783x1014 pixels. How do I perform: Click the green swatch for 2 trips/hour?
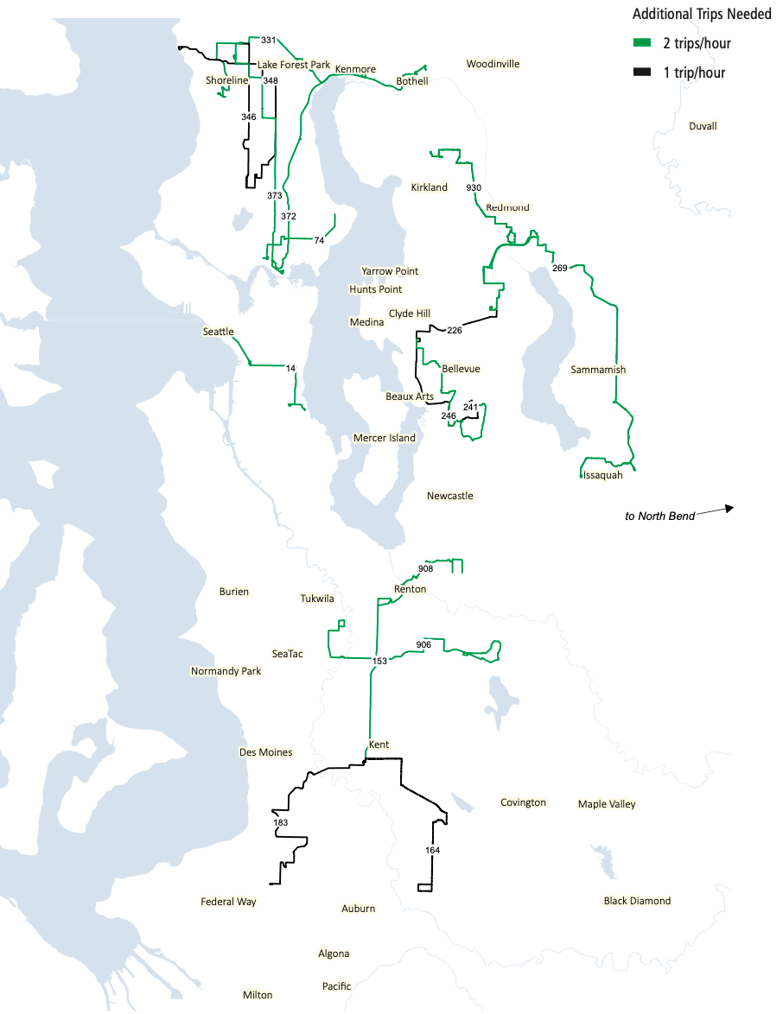pyautogui.click(x=641, y=43)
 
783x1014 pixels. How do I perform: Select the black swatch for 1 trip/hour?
pyautogui.click(x=641, y=73)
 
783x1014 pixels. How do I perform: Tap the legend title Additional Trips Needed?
pyautogui.click(x=702, y=15)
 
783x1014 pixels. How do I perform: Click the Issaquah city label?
pyautogui.click(x=602, y=475)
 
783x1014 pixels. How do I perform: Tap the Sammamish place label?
pyautogui.click(x=598, y=370)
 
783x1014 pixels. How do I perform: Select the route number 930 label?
pyautogui.click(x=473, y=187)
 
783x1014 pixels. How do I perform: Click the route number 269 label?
pyautogui.click(x=559, y=268)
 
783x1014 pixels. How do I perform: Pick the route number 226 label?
pyautogui.click(x=455, y=330)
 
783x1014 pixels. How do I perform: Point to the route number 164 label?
pyautogui.click(x=433, y=851)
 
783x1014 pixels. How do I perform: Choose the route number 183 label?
pyautogui.click(x=280, y=823)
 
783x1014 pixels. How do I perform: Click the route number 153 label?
pyautogui.click(x=379, y=661)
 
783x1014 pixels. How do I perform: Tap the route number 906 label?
pyautogui.click(x=423, y=645)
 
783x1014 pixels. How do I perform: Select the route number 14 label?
pyautogui.click(x=290, y=369)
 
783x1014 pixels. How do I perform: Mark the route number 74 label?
pyautogui.click(x=319, y=240)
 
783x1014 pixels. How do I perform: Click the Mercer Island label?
pyautogui.click(x=385, y=438)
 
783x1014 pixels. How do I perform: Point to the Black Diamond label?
pyautogui.click(x=637, y=901)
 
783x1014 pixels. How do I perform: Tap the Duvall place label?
pyautogui.click(x=703, y=126)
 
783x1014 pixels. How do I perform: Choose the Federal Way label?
pyautogui.click(x=228, y=902)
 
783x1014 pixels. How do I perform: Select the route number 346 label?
pyautogui.click(x=249, y=117)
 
